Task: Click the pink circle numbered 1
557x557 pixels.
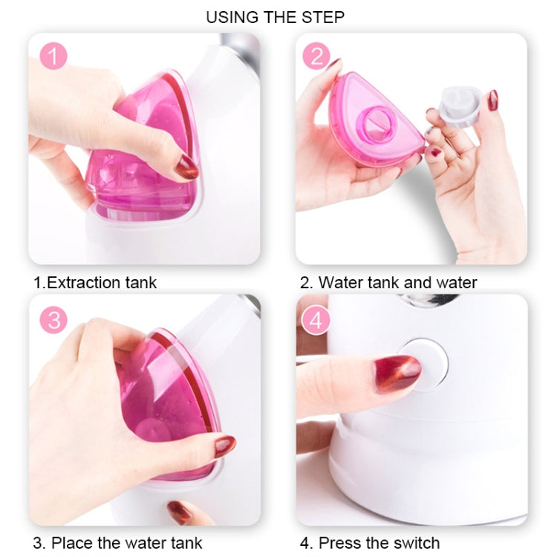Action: pyautogui.click(x=53, y=56)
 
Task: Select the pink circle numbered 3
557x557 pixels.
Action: pyautogui.click(x=53, y=320)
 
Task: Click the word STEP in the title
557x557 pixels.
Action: pyautogui.click(x=322, y=16)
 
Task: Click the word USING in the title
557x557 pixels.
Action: pyautogui.click(x=234, y=16)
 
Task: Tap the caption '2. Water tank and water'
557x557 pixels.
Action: pyautogui.click(x=388, y=282)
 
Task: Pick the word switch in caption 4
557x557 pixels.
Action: pyautogui.click(x=414, y=542)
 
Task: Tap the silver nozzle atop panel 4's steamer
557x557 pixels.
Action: pyautogui.click(x=427, y=301)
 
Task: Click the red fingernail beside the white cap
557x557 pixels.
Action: pyautogui.click(x=492, y=100)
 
